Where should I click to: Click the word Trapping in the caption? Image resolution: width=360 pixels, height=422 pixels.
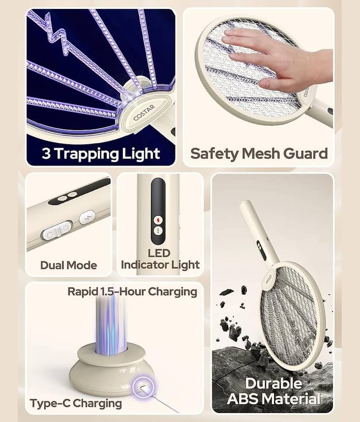click(x=86, y=155)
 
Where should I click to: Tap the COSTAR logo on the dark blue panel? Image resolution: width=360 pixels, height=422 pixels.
click(x=144, y=112)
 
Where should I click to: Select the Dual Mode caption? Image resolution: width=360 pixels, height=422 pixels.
click(x=69, y=265)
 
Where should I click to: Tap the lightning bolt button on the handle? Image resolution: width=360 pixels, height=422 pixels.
click(x=87, y=217)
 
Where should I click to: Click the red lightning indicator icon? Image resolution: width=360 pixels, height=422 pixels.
click(x=158, y=220)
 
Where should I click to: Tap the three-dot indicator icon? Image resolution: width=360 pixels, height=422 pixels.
click(x=158, y=231)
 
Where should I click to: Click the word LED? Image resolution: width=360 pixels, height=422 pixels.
click(x=159, y=253)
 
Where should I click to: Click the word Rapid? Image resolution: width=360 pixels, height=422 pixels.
click(x=82, y=292)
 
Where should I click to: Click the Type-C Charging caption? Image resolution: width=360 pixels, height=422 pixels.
click(x=76, y=404)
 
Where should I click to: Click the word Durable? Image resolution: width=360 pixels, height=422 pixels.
click(x=274, y=383)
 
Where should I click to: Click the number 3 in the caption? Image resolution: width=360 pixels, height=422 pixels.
click(x=46, y=154)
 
